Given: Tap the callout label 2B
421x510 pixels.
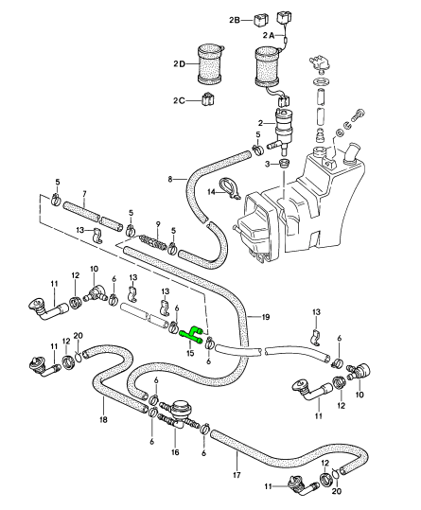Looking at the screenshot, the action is [x=235, y=20].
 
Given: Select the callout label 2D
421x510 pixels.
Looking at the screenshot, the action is [x=179, y=63].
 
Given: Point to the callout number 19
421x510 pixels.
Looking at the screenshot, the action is [x=266, y=316].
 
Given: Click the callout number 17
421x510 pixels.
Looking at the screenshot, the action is [x=237, y=475].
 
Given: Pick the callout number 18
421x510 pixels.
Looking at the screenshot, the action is [x=103, y=420].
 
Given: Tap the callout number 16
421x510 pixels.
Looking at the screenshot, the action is [x=175, y=452].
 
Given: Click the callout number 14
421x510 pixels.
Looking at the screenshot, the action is [x=212, y=192].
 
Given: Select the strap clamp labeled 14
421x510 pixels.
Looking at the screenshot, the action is [x=229, y=189].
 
